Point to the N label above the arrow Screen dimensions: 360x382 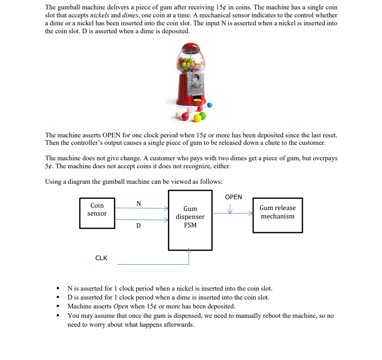coord(138,203)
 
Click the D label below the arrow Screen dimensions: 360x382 coord(138,225)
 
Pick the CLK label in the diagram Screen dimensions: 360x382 coord(101,258)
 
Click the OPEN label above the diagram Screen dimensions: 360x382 coord(233,197)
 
